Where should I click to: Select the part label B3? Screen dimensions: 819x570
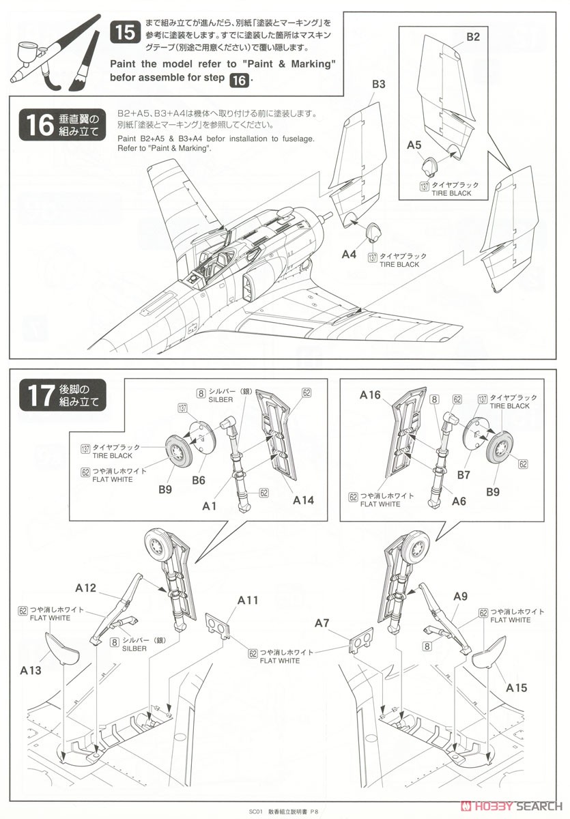(x=379, y=84)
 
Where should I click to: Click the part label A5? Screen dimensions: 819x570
(x=414, y=145)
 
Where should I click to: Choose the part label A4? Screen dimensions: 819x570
(x=349, y=254)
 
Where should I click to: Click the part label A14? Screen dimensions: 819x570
(x=303, y=500)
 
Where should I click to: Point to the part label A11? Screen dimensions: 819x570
(x=248, y=600)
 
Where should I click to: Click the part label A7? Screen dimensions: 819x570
(x=322, y=622)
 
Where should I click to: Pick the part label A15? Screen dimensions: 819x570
(x=516, y=688)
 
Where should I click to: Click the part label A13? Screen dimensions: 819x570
(x=31, y=670)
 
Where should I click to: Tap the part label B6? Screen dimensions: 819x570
(x=199, y=480)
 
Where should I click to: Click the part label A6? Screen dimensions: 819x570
(x=459, y=500)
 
